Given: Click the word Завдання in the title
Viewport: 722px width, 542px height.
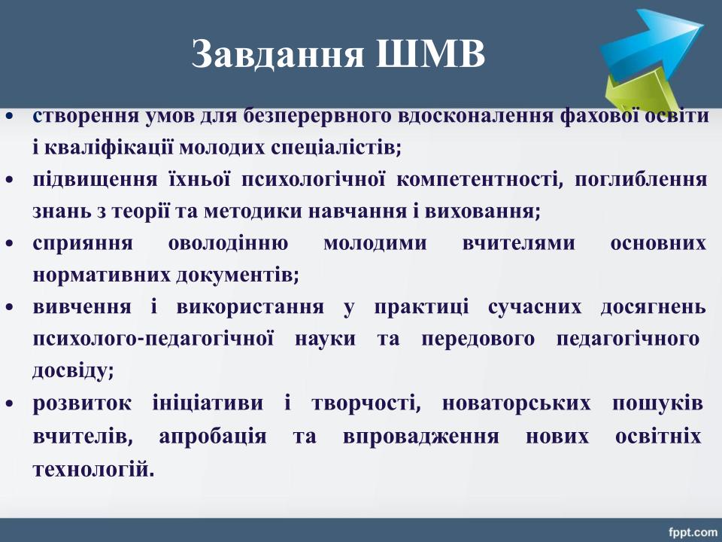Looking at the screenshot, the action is [278, 54].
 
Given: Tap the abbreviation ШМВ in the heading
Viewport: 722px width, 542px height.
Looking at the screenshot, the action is [430, 54].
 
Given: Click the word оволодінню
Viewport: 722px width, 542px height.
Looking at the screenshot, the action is [228, 243].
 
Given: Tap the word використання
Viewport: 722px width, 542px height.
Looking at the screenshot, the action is [250, 307].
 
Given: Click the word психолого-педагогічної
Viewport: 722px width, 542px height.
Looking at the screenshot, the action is [153, 340].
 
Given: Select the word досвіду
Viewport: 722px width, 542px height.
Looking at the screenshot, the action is [73, 371].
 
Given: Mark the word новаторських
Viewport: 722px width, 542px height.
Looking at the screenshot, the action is [516, 403].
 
